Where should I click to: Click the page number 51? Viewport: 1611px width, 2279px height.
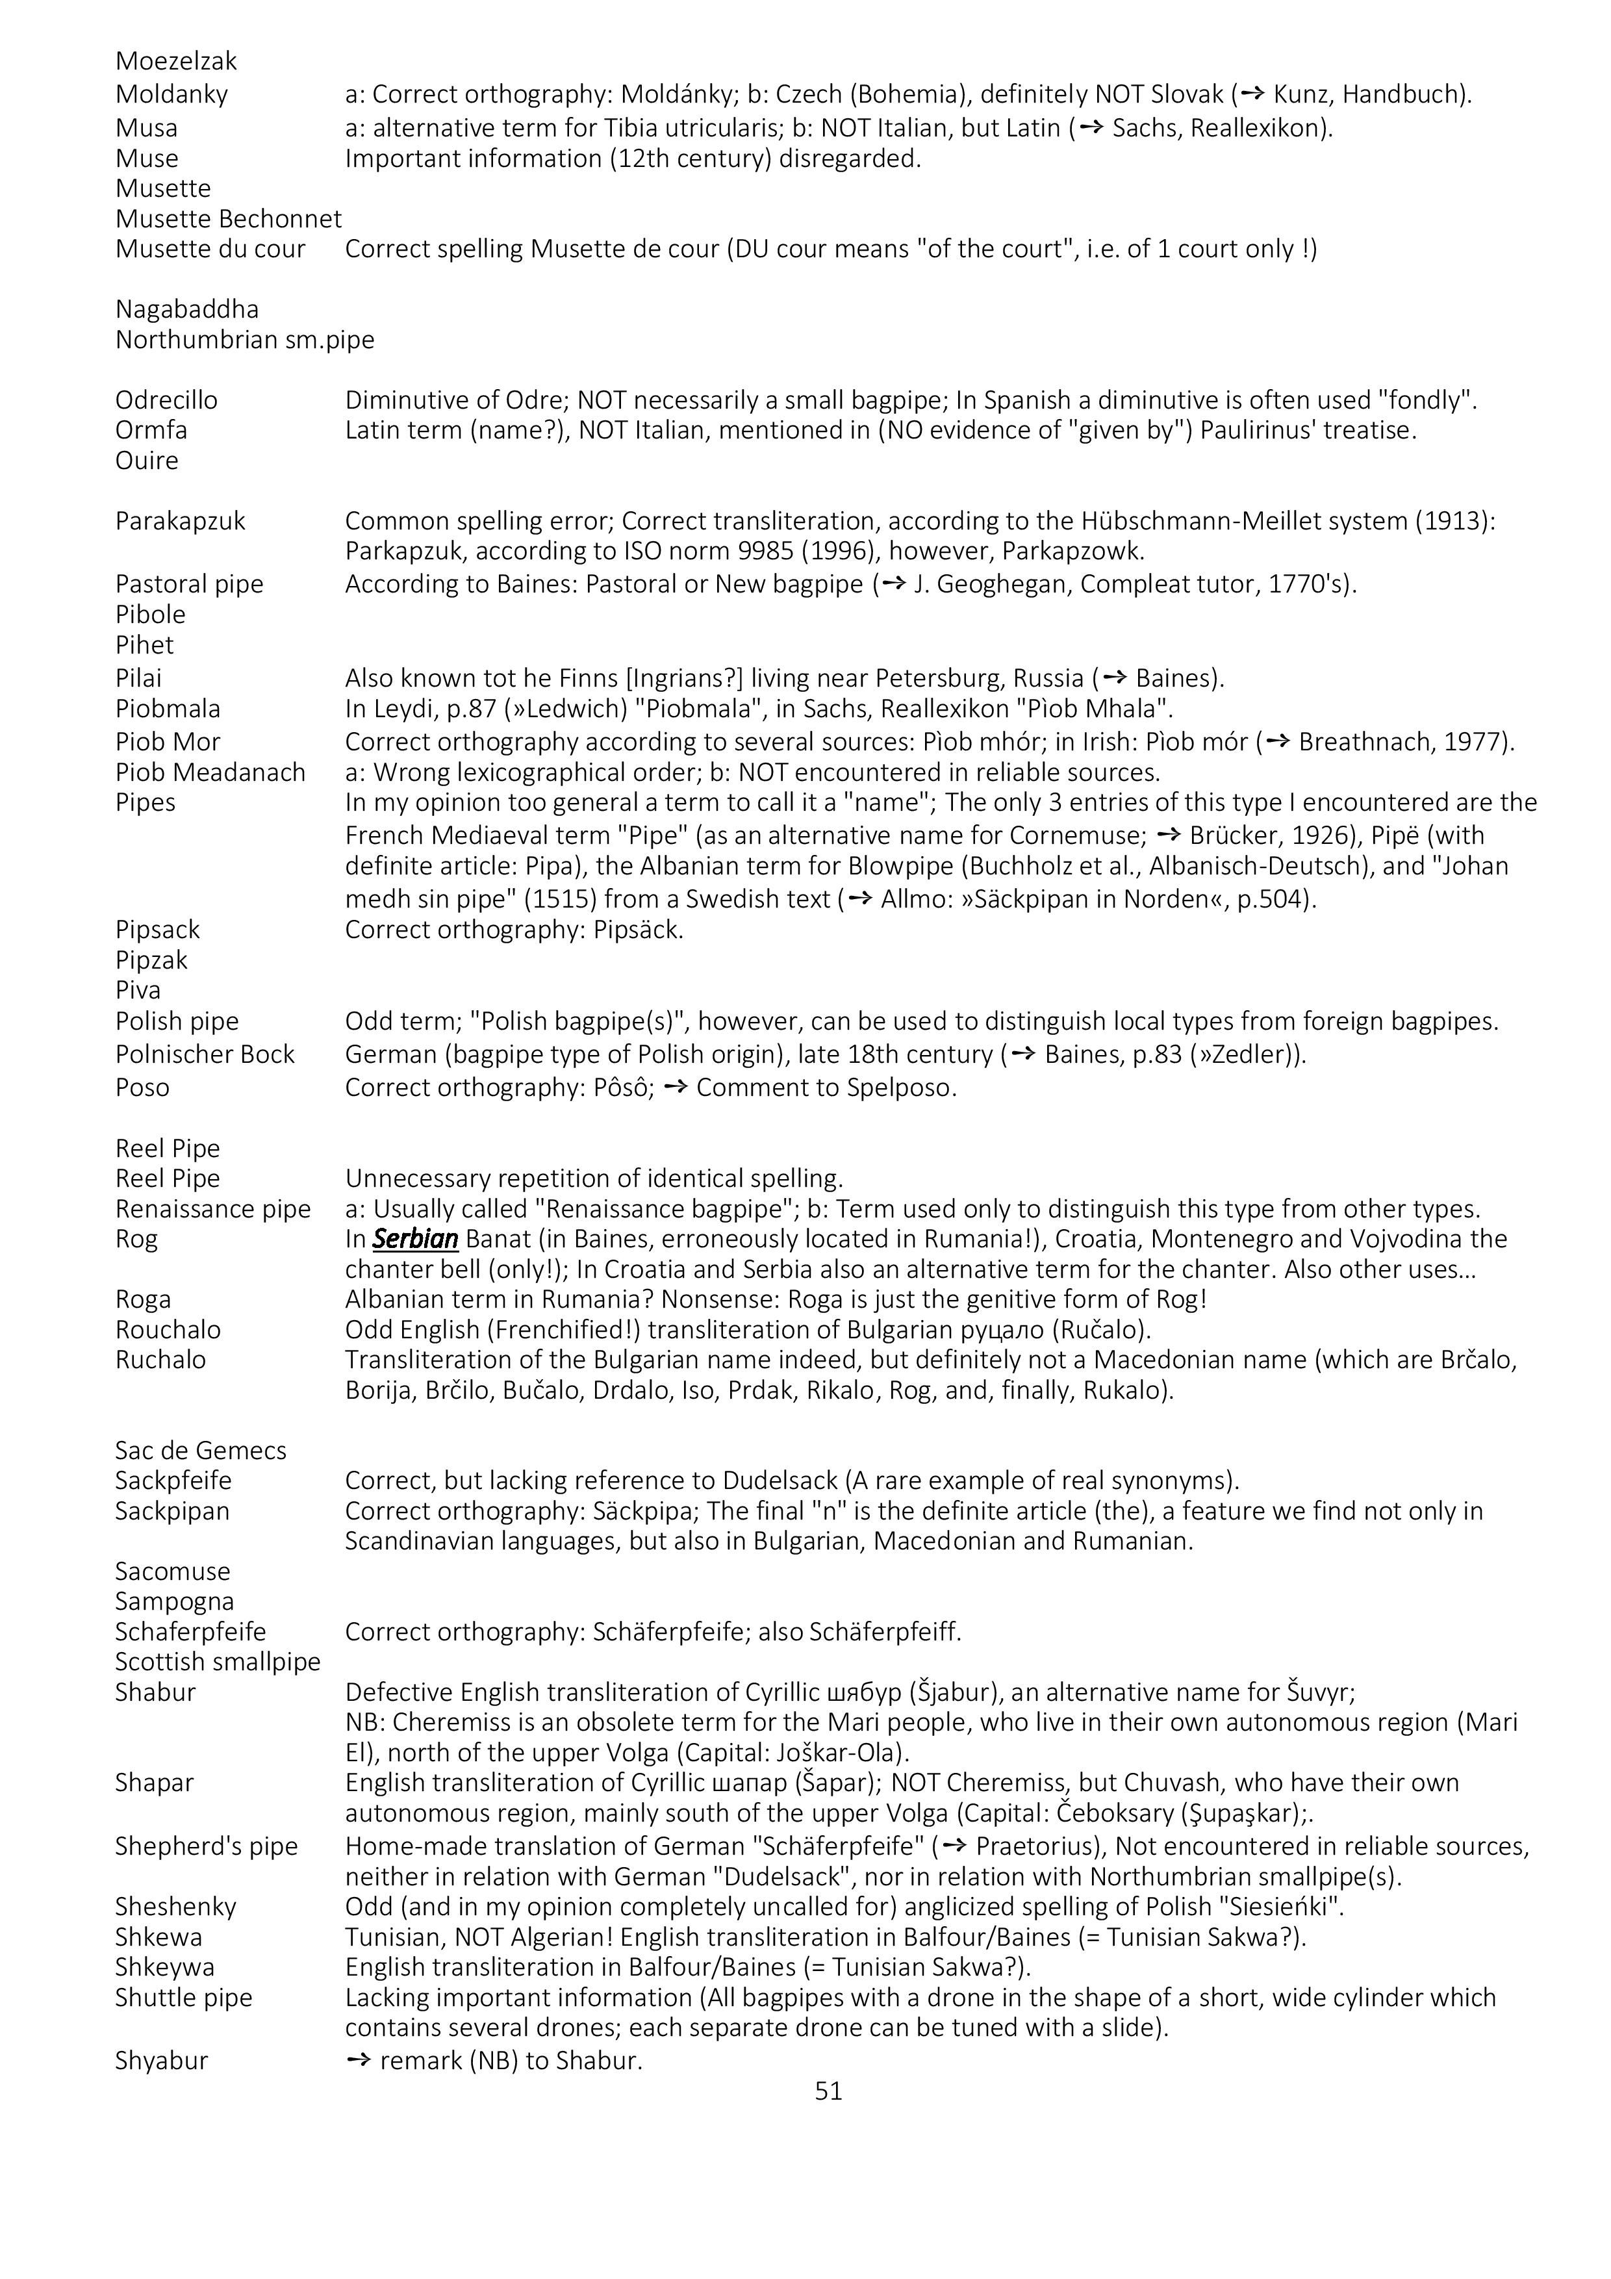click(828, 2091)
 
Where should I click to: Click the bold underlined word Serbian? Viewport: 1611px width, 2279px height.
click(415, 1239)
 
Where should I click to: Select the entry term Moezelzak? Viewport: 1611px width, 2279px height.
click(175, 62)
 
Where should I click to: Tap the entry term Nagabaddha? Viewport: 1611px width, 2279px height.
click(186, 310)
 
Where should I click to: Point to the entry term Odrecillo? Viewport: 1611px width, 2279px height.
click(166, 400)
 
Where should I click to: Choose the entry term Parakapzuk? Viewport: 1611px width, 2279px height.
click(180, 521)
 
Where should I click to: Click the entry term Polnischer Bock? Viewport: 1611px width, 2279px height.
click(205, 1054)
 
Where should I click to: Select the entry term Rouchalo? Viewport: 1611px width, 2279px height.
click(168, 1330)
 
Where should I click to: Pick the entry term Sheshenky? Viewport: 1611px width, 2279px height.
click(175, 1906)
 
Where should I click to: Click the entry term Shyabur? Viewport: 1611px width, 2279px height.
click(162, 2061)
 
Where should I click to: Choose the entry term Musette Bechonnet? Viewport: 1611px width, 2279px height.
click(228, 220)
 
